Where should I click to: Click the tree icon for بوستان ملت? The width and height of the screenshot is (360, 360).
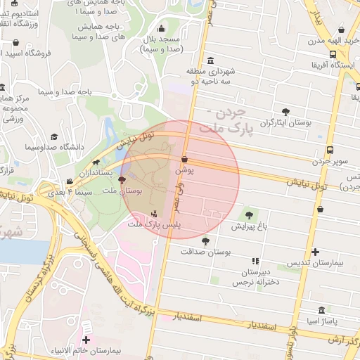click(x=122, y=181)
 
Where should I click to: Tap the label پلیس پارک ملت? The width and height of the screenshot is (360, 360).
click(x=154, y=224)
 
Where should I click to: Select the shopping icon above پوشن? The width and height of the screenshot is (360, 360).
click(x=184, y=160)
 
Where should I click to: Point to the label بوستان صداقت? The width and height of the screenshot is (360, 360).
click(x=210, y=251)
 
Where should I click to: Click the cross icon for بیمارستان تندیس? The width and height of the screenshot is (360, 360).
click(x=315, y=251)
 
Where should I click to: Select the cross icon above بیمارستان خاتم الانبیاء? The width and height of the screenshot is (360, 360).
click(x=86, y=340)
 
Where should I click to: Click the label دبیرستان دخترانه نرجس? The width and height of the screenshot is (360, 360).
click(x=252, y=276)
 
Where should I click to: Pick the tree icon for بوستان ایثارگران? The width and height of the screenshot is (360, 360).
click(x=285, y=112)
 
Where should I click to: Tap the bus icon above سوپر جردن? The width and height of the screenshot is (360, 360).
click(x=330, y=149)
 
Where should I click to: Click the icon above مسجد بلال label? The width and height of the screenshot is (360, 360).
click(x=163, y=30)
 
